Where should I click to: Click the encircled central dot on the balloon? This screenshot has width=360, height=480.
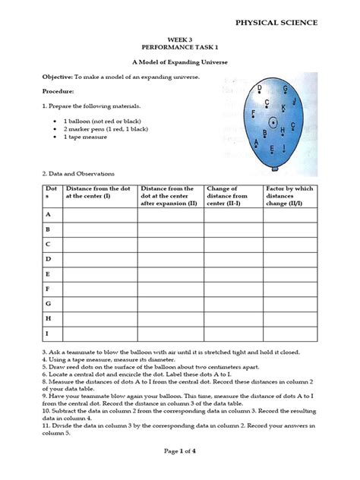coord(270,121)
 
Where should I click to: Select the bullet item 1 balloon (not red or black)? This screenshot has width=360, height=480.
coord(106,120)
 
